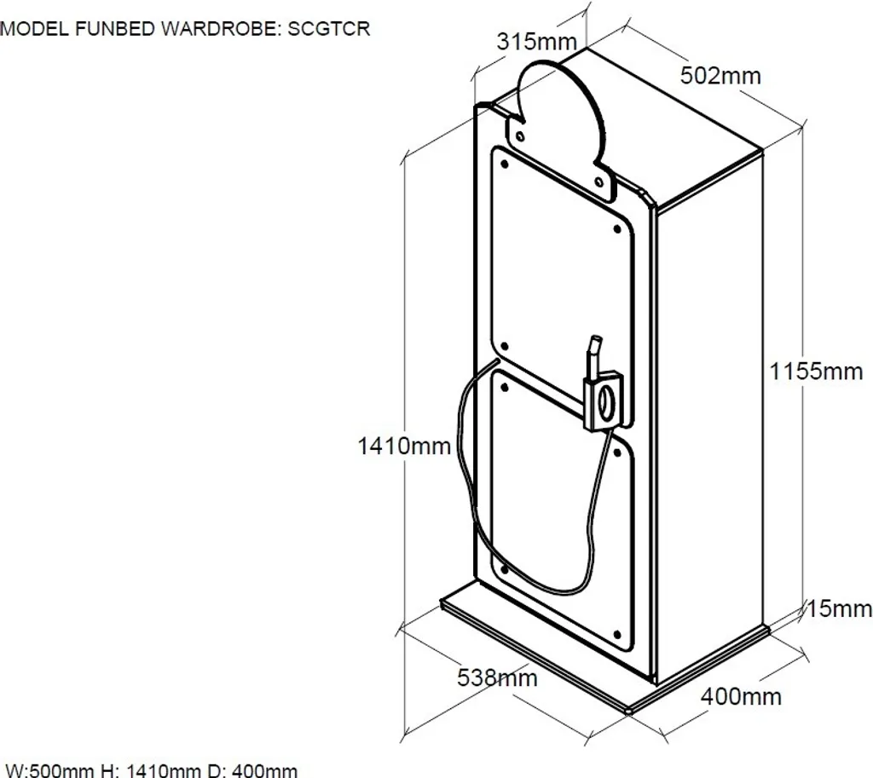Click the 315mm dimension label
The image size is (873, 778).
537,42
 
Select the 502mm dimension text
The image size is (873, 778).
720,76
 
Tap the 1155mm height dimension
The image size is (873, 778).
816,372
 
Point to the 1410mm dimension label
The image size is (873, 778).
404,445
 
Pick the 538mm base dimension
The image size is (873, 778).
497,678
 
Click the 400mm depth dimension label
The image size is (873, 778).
741,696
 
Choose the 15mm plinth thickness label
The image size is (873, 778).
840,608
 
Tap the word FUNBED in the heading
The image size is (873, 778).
113,29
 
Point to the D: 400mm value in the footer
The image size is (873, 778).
256,770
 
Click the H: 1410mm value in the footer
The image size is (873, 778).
152,770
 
